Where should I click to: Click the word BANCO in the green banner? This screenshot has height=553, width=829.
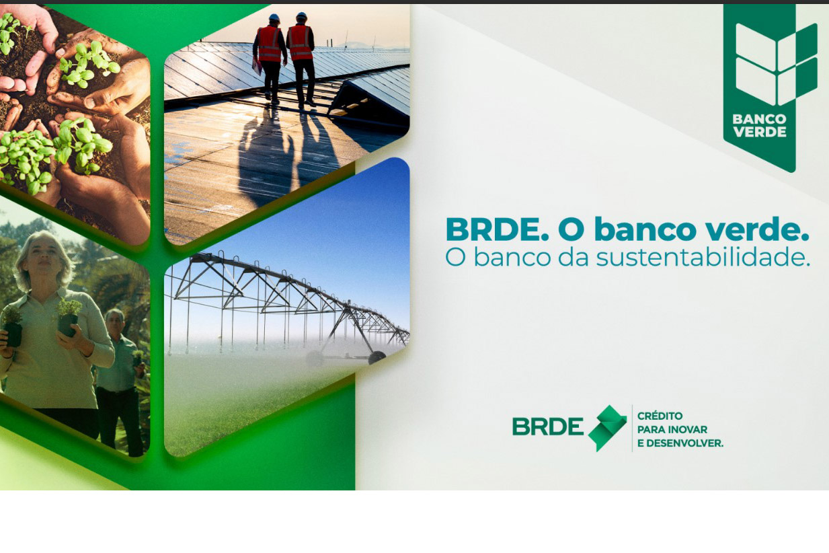[x=759, y=119]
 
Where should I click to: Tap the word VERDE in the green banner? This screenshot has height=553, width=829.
[x=760, y=132]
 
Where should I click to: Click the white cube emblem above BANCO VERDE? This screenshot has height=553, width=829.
[x=777, y=65]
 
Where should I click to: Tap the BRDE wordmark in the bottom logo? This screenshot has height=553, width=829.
[x=548, y=427]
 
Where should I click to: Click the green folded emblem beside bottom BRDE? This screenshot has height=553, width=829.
[x=607, y=428]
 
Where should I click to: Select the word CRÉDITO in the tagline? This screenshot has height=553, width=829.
[x=660, y=416]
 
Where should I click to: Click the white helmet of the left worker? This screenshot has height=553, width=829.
[x=274, y=17]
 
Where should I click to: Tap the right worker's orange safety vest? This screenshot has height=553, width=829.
[x=300, y=42]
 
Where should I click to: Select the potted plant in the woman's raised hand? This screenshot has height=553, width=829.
[x=69, y=317]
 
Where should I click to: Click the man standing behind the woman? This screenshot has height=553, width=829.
[x=120, y=381]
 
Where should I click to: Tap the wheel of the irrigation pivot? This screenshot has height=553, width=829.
[x=377, y=357]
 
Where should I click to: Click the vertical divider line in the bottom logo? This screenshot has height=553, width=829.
[x=632, y=428]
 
